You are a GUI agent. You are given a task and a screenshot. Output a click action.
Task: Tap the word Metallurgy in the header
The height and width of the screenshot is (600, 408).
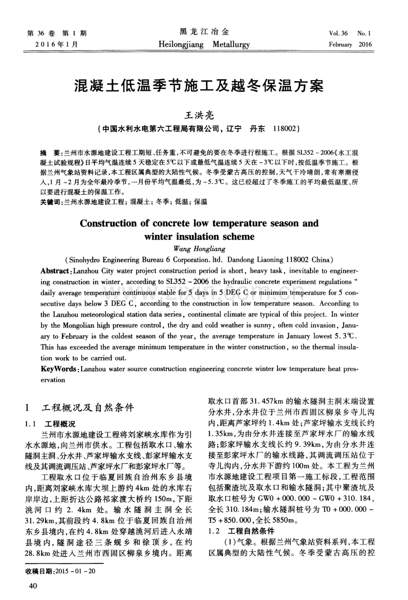(231, 44)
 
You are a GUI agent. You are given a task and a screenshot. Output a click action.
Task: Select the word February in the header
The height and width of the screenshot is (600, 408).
(340, 44)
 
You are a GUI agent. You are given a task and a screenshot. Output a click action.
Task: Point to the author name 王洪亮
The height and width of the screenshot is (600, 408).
(199, 116)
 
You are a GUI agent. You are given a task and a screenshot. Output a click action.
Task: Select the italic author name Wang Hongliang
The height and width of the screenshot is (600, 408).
(199, 248)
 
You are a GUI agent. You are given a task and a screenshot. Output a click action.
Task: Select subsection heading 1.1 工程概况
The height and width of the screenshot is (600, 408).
(51, 424)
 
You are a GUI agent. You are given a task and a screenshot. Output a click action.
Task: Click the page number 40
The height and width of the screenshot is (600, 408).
(32, 586)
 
